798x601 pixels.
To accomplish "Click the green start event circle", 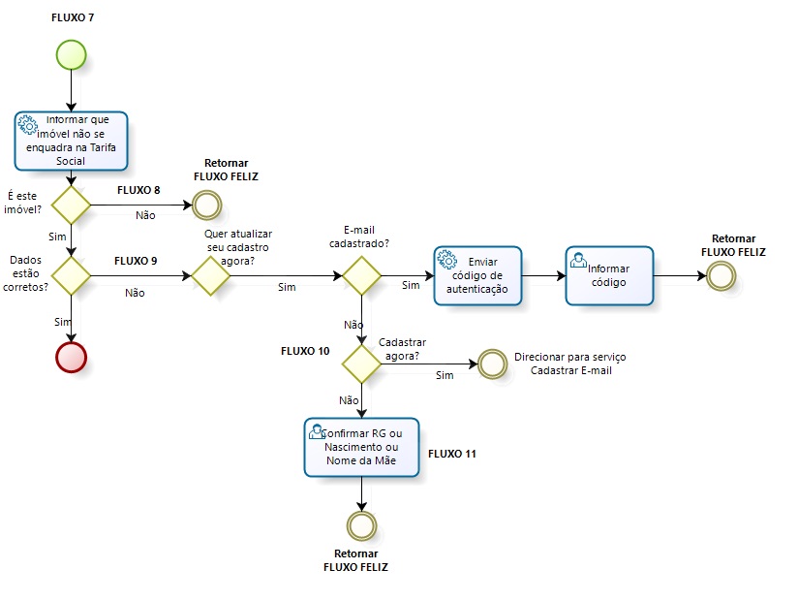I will click(72, 55).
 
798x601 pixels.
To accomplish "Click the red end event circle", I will click(72, 356).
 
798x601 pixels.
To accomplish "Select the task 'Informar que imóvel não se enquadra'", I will click(72, 141).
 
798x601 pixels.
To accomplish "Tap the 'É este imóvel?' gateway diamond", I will click(72, 205).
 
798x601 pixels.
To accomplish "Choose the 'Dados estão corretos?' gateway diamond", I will click(72, 275).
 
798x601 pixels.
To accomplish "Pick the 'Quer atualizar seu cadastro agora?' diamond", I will click(210, 275).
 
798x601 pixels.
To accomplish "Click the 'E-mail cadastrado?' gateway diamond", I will click(362, 275).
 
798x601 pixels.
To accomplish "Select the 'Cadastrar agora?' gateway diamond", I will click(362, 364).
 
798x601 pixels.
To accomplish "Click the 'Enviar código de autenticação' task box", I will click(478, 275).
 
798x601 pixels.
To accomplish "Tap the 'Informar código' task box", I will click(609, 275).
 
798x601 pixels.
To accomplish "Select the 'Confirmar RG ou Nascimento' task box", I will click(362, 447).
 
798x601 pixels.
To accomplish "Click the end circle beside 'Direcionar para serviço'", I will click(492, 364).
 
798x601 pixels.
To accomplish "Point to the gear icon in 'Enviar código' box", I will click(446, 259).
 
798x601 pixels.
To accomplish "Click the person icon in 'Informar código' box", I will click(578, 259).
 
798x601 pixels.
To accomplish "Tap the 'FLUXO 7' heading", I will click(73, 18).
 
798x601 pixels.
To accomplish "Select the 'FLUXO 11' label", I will click(452, 454).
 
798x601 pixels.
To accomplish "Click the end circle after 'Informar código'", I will click(721, 275).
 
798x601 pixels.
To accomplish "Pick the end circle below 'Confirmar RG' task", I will click(362, 524).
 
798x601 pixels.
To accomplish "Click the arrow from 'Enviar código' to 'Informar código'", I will click(543, 275).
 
